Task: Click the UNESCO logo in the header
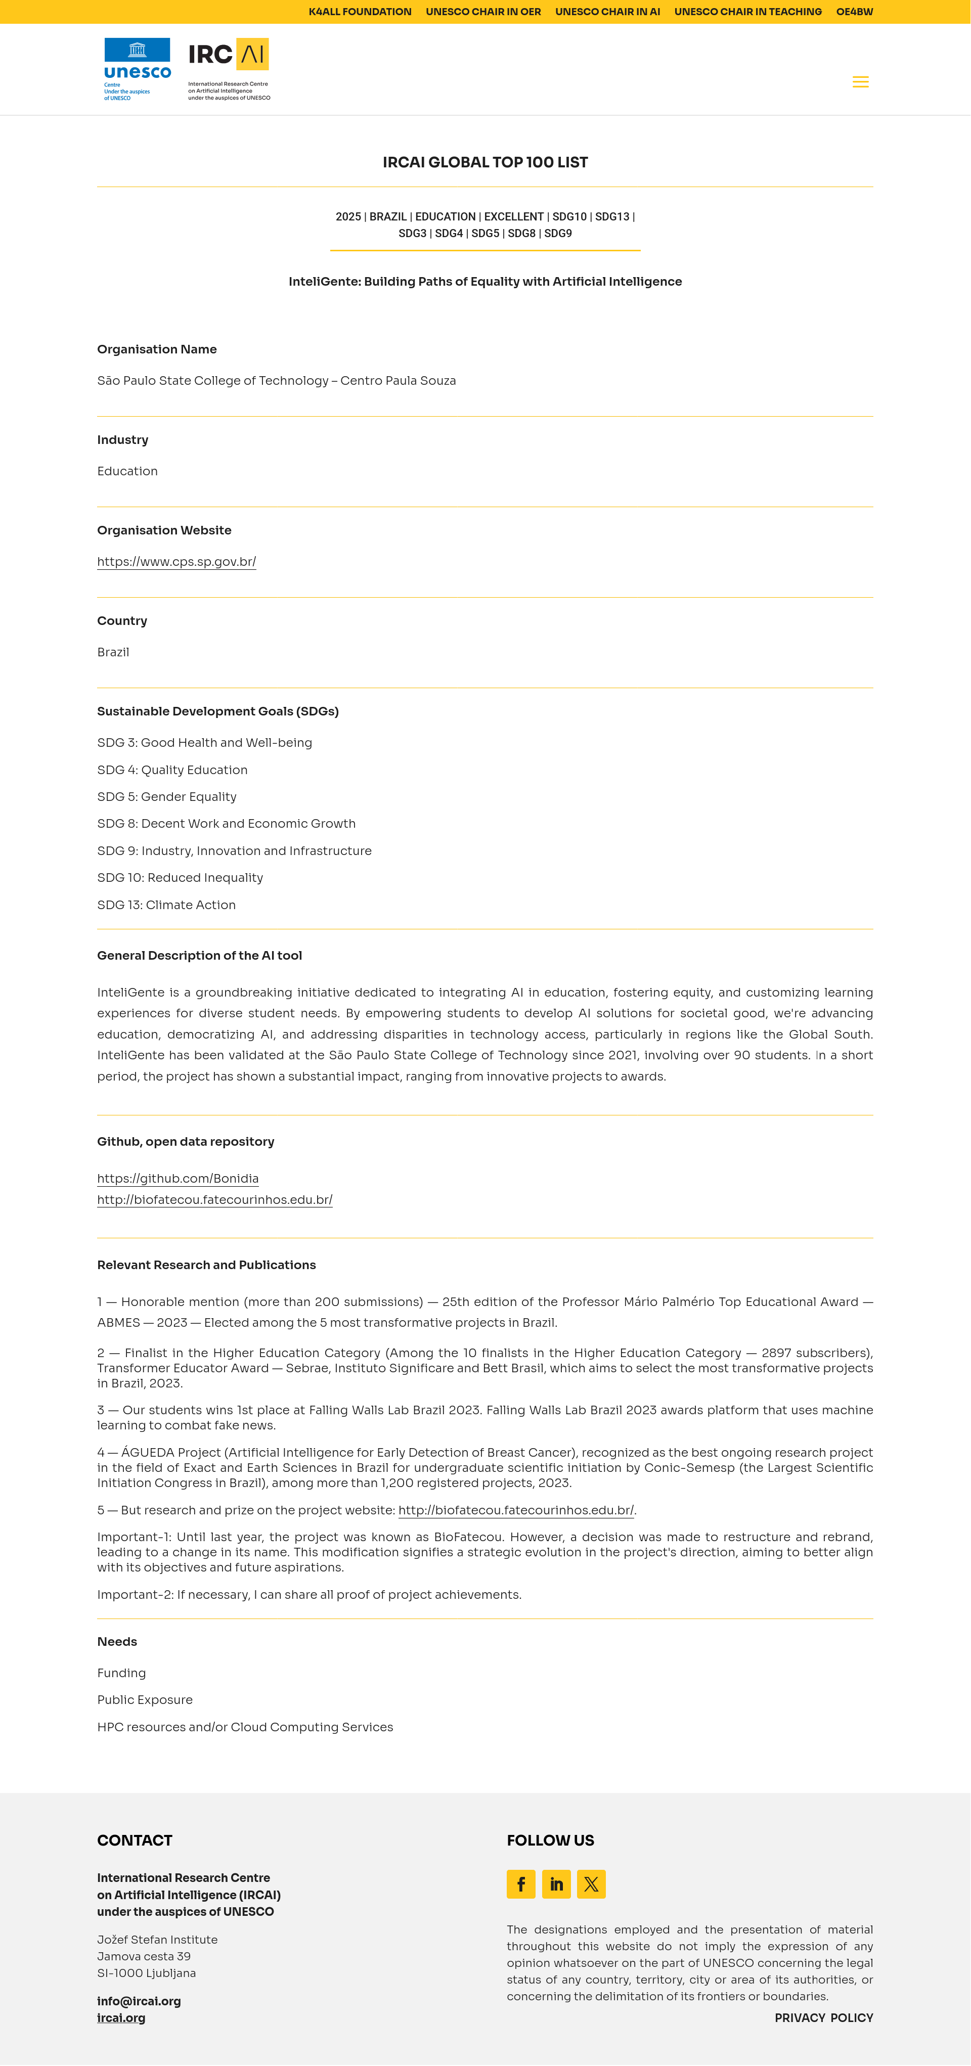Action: point(137,69)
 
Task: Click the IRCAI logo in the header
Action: point(229,69)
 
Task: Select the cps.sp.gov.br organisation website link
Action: point(176,561)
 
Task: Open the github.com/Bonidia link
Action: point(178,1178)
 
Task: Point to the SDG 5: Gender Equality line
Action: point(167,796)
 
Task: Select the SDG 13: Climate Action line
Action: point(166,905)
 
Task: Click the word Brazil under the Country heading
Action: point(113,652)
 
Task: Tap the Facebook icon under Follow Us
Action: point(521,1884)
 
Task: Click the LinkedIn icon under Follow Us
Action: point(556,1884)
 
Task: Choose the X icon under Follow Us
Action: point(591,1884)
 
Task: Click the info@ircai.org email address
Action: point(139,2001)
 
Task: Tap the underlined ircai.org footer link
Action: point(121,2018)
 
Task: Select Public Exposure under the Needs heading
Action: point(145,1699)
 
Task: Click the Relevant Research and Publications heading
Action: point(206,1265)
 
